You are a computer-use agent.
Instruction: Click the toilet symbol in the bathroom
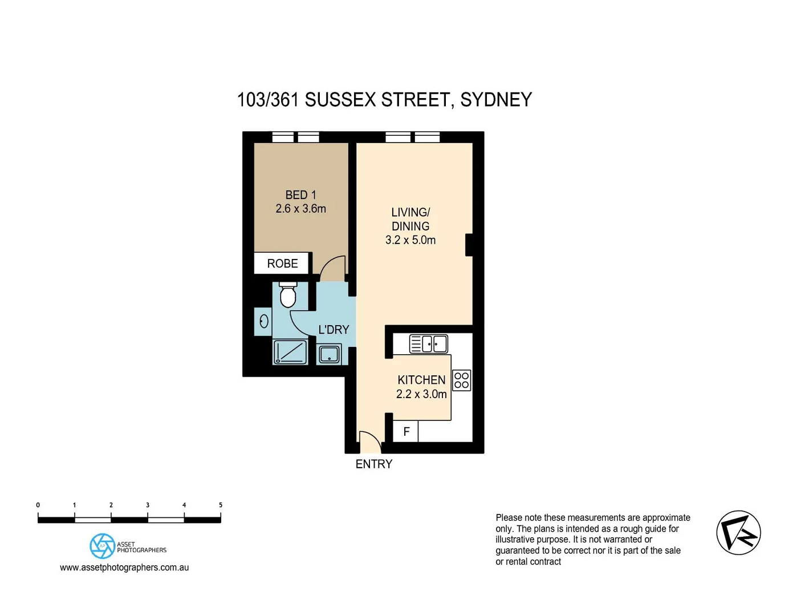tap(288, 295)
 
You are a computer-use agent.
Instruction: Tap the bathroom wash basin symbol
tap(264, 321)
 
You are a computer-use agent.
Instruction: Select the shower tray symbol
tap(290, 352)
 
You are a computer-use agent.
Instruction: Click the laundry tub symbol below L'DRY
tap(330, 354)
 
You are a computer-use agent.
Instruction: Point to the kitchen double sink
tap(429, 344)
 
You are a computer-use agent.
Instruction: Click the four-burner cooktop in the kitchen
tap(462, 380)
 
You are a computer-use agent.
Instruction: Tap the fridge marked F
tap(406, 432)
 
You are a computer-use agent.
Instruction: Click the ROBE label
tap(282, 264)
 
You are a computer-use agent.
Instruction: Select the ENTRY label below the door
tap(374, 464)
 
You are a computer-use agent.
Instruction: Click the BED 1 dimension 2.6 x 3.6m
tap(300, 209)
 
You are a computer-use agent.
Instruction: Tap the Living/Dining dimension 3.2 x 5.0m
tap(410, 240)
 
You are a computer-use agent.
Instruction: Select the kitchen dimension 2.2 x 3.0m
tap(421, 394)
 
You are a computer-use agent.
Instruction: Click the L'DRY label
tap(334, 330)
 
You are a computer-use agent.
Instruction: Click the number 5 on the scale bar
tap(221, 505)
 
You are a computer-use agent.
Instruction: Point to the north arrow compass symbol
tap(738, 533)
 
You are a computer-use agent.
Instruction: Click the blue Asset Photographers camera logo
tap(102, 546)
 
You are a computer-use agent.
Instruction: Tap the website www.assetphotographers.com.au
tap(124, 568)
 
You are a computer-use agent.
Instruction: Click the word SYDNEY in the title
tap(495, 100)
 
